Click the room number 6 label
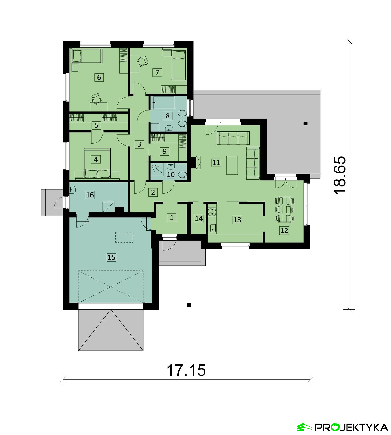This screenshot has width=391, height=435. [99, 77]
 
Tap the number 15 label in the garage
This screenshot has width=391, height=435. [111, 257]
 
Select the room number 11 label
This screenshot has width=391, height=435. [216, 163]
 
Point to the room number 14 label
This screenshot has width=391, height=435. [199, 219]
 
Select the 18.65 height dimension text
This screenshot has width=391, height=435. [340, 175]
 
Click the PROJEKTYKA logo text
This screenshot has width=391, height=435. [352, 427]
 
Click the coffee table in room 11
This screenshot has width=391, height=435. [232, 165]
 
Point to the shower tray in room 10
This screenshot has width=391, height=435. [157, 169]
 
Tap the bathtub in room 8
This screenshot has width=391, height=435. [163, 102]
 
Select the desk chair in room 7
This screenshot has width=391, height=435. [142, 61]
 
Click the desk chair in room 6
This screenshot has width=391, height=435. [96, 98]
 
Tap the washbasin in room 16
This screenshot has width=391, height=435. [72, 190]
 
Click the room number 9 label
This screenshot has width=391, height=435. [164, 151]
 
